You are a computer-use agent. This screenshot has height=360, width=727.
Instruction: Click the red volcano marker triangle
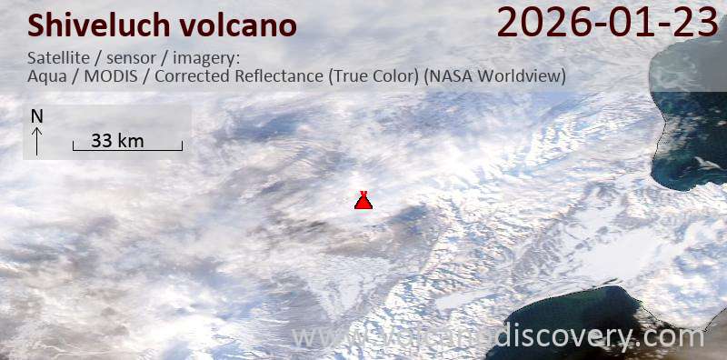click(x=363, y=201)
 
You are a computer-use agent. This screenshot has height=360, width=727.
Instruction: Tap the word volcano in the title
click(x=240, y=25)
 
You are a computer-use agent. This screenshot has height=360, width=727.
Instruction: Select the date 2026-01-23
click(x=608, y=22)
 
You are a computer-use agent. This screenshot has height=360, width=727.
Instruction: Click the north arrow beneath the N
click(x=37, y=140)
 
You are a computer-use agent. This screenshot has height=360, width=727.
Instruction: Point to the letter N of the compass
click(x=37, y=116)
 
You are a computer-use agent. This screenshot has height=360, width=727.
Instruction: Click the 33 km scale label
click(x=118, y=140)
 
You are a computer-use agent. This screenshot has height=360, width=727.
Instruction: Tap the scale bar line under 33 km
click(x=128, y=148)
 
